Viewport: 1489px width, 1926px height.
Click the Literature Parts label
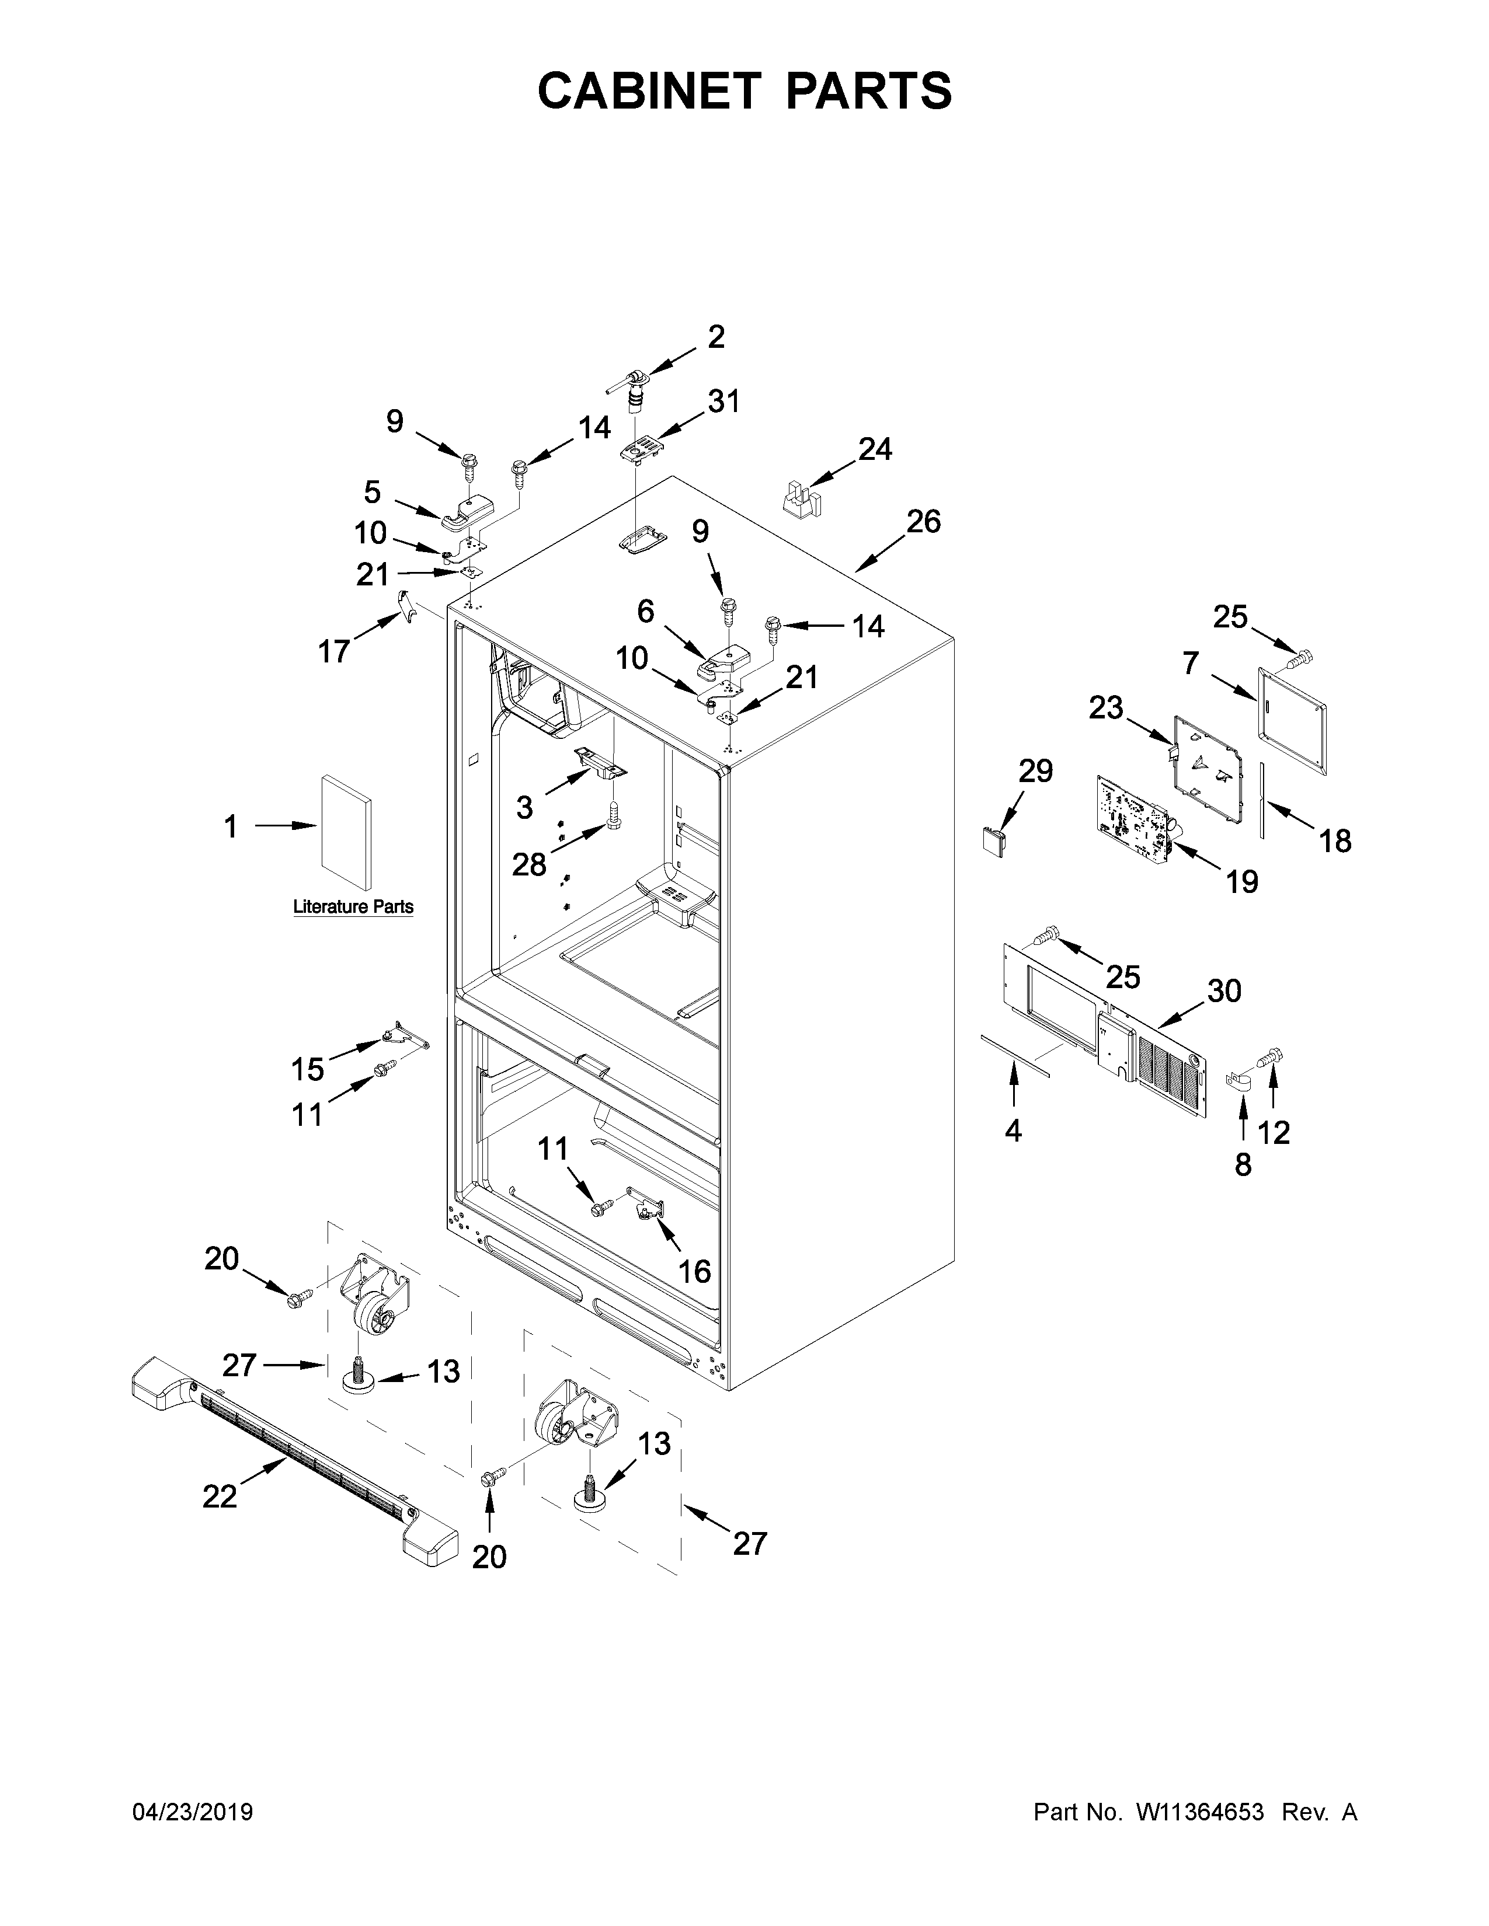(353, 906)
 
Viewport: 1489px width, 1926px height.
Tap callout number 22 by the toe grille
(220, 1496)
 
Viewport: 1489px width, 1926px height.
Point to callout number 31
(723, 402)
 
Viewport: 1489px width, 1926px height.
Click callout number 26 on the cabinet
(924, 521)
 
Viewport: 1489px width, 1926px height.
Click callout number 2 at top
(715, 336)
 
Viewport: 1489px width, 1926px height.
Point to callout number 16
(694, 1271)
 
